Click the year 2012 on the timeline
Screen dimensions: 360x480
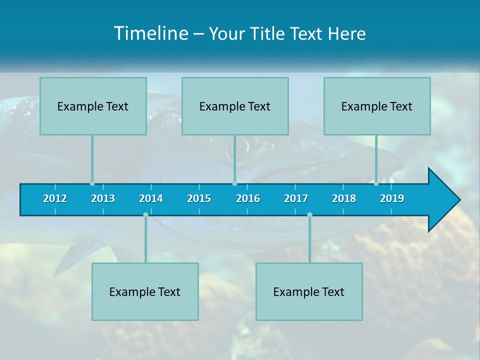coord(55,198)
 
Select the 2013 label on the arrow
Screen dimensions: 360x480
coord(103,198)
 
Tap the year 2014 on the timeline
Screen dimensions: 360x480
coord(151,198)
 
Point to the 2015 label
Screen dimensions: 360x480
coord(199,198)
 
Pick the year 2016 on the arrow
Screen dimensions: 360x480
coord(248,198)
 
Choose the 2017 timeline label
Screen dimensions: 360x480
coord(296,198)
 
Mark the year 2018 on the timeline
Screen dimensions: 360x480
coord(344,198)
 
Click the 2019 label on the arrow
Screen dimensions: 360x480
coord(392,198)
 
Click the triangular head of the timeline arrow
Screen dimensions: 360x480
coord(443,200)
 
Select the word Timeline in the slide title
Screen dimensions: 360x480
coord(150,33)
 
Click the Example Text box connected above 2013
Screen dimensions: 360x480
coord(93,106)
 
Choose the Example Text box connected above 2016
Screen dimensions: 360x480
coord(235,106)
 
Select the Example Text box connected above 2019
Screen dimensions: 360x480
coord(377,106)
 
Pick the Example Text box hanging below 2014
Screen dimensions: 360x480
coord(145,291)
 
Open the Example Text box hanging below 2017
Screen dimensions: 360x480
coord(309,291)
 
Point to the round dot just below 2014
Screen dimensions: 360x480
coord(145,215)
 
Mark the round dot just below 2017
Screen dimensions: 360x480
coord(309,215)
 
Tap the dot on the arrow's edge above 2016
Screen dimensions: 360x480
coord(234,183)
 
